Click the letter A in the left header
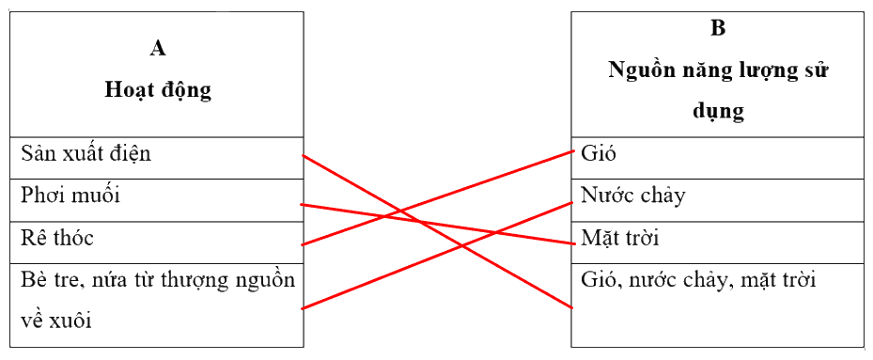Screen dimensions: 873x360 (158, 49)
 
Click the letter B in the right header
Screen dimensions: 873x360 (718, 28)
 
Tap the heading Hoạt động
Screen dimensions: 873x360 (158, 91)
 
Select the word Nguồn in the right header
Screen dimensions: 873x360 (643, 71)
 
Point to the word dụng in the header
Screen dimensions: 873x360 (718, 113)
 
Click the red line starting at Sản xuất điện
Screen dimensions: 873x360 (437, 231)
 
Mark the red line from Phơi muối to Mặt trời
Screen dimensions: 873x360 (437, 224)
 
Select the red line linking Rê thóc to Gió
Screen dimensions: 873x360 (437, 197)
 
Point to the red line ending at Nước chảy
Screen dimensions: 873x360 (437, 255)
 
